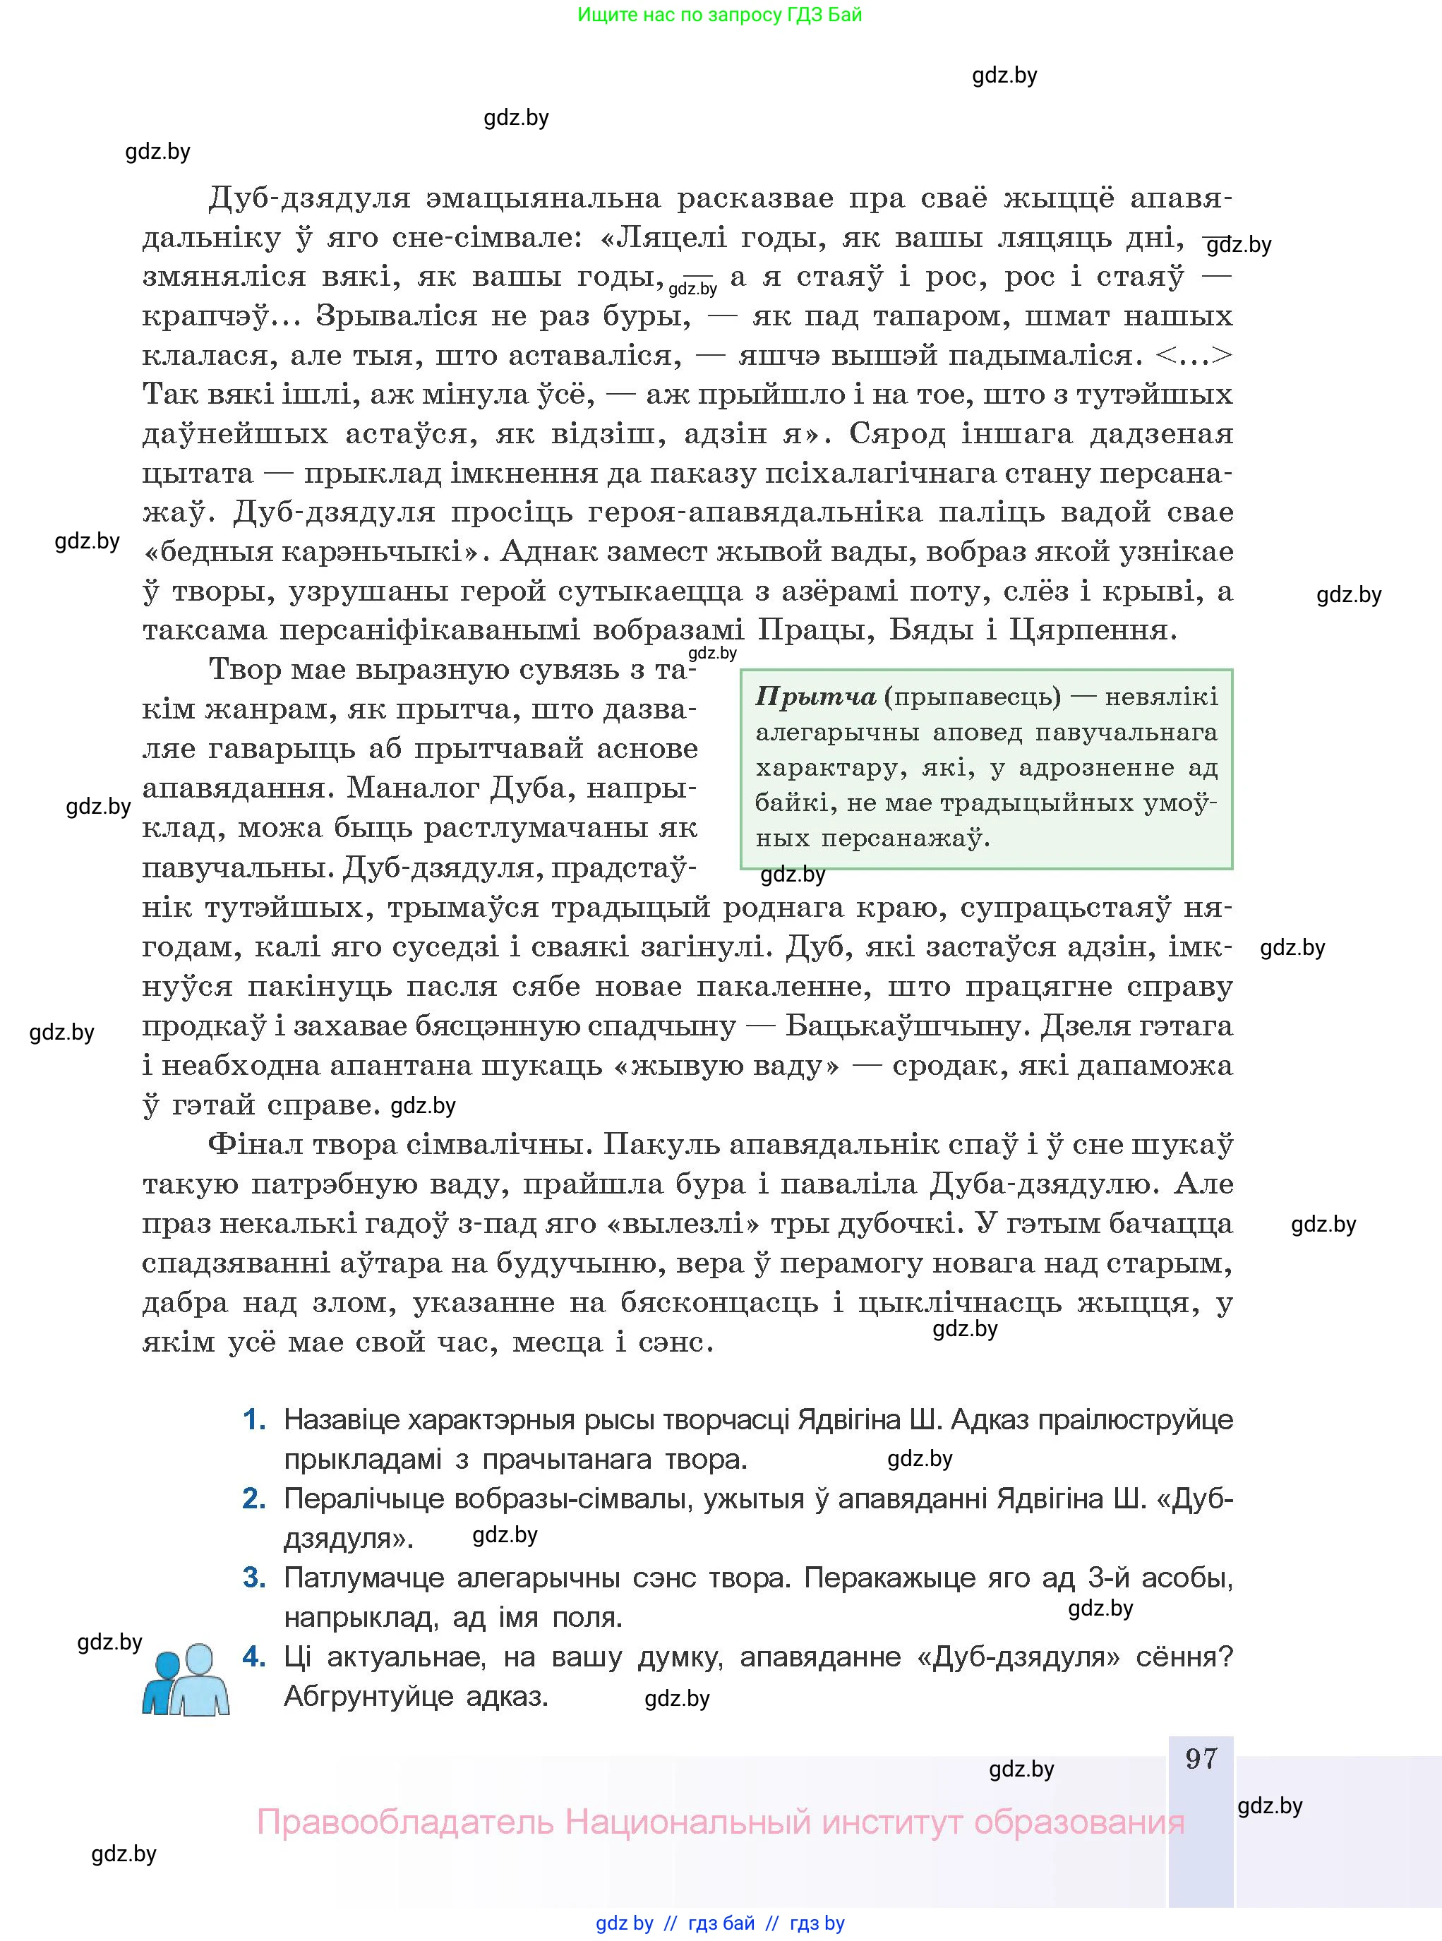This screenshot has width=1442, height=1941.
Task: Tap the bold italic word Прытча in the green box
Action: [x=815, y=697]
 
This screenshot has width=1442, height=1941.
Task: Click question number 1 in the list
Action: [x=253, y=1420]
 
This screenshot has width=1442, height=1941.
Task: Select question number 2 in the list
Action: [x=253, y=1498]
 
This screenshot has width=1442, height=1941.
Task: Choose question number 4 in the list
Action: [x=253, y=1657]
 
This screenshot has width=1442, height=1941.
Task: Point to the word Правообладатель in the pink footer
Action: [x=405, y=1822]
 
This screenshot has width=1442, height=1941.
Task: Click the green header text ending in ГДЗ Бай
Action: [x=719, y=15]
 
